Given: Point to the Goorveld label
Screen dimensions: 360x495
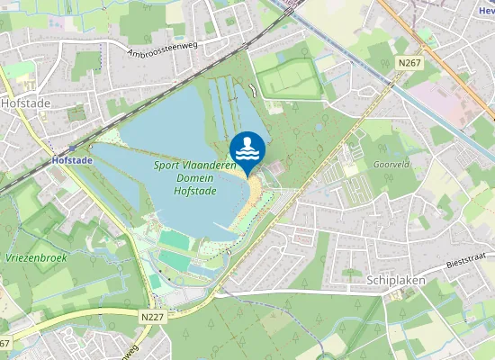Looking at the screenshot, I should pyautogui.click(x=391, y=166).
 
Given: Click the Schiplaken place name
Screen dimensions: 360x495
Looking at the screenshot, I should pyautogui.click(x=399, y=280).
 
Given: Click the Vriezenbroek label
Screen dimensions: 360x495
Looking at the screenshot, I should pyautogui.click(x=37, y=256).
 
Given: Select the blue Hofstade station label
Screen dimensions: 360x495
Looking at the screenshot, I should pyautogui.click(x=73, y=160).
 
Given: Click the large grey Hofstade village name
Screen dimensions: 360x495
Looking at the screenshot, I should pyautogui.click(x=25, y=103).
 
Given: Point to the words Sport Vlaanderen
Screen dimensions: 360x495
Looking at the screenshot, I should pyautogui.click(x=194, y=166).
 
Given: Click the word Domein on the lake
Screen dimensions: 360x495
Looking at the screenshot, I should pyautogui.click(x=194, y=178).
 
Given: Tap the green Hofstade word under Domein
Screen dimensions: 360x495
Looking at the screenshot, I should pyautogui.click(x=194, y=191).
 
